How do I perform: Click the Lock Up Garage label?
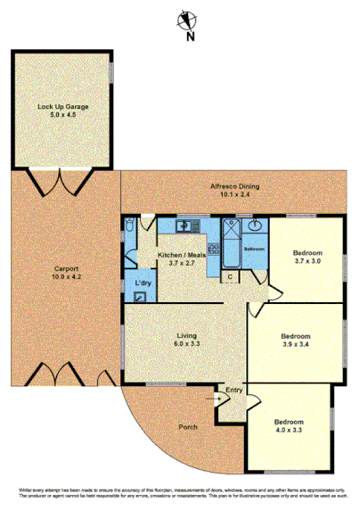(x=62, y=106)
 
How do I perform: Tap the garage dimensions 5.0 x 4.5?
(x=62, y=115)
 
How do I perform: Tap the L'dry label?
(x=143, y=284)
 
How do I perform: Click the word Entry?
(x=234, y=391)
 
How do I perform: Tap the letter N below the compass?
(x=190, y=38)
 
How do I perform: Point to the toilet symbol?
(x=131, y=227)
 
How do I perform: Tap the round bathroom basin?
(x=256, y=226)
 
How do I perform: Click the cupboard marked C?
(x=230, y=276)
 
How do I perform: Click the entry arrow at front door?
(x=219, y=399)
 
